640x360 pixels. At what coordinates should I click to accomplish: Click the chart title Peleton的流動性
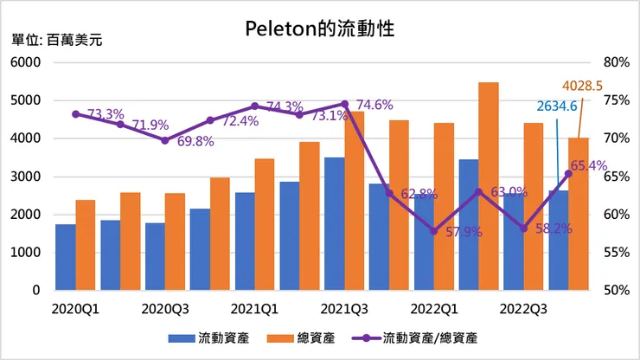pyautogui.click(x=320, y=29)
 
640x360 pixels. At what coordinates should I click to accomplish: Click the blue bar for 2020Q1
pyautogui.click(x=65, y=257)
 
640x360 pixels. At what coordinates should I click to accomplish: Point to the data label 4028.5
pyautogui.click(x=581, y=86)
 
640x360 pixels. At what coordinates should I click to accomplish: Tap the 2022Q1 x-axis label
pyautogui.click(x=434, y=307)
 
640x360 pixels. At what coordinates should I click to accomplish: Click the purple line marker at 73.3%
pyautogui.click(x=75, y=114)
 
